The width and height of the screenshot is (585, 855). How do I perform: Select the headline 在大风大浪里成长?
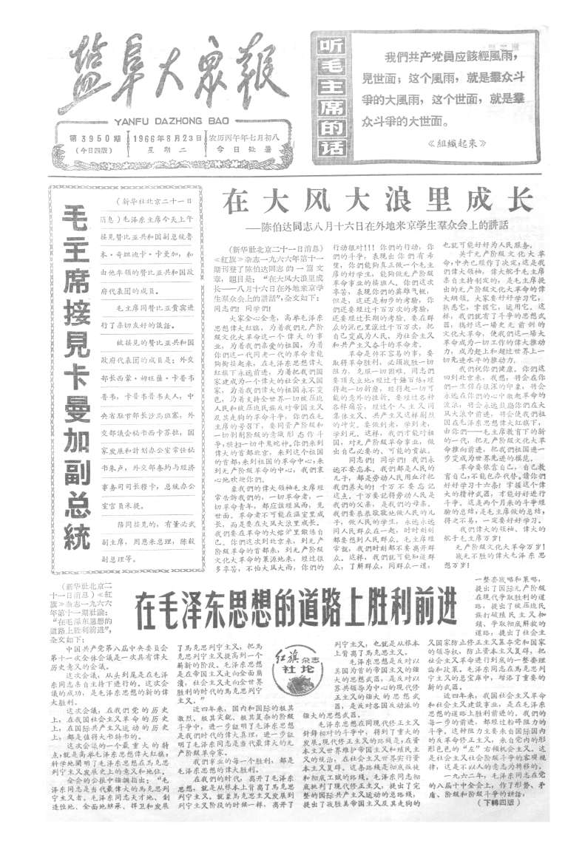pyautogui.click(x=374, y=200)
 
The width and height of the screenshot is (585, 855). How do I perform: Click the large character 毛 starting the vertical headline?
pyautogui.click(x=75, y=211)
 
